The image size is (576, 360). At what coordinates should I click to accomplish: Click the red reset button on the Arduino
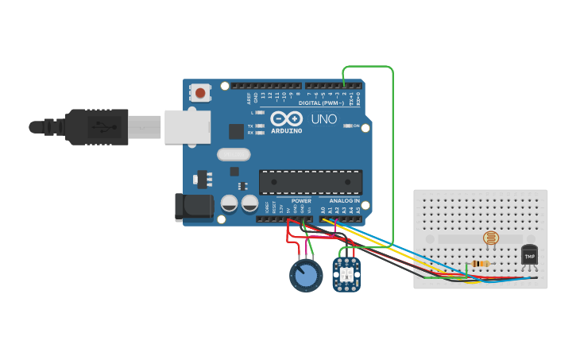click(x=199, y=93)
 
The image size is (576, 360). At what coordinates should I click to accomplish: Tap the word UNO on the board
click(x=323, y=119)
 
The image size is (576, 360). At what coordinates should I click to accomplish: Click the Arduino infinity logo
click(x=286, y=118)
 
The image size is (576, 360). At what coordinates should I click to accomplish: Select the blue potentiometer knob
click(x=305, y=276)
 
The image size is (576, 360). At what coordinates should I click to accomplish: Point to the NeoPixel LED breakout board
click(x=346, y=273)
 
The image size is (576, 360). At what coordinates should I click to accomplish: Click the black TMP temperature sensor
click(x=529, y=255)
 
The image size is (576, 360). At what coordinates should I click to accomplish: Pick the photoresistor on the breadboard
click(x=490, y=238)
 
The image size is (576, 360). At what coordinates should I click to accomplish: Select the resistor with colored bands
click(x=480, y=264)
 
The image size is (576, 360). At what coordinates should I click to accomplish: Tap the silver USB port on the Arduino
click(x=187, y=127)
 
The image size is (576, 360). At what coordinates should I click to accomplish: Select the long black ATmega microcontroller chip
click(x=311, y=182)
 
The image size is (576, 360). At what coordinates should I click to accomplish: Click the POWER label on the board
click(x=301, y=201)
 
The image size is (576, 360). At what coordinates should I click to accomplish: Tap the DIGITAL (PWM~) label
click(x=321, y=103)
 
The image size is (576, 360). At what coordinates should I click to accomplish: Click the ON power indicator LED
click(x=346, y=126)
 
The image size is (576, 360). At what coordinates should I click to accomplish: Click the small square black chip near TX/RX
click(x=236, y=131)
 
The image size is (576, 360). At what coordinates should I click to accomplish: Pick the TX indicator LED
click(x=259, y=126)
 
